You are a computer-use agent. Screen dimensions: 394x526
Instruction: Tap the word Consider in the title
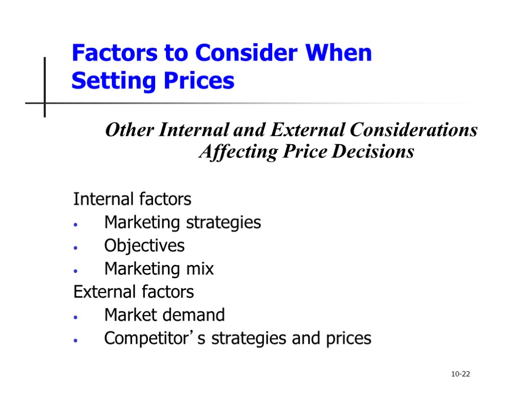[x=248, y=53]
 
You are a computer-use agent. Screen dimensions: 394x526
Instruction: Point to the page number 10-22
[x=460, y=375]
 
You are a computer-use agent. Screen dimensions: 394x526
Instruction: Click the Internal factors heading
[x=132, y=199]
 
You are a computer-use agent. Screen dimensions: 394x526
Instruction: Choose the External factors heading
[x=134, y=292]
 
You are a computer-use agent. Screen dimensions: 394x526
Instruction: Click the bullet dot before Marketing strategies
[x=76, y=224]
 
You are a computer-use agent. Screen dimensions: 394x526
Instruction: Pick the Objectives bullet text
[x=144, y=246]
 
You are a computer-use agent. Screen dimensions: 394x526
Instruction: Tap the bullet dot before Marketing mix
[x=76, y=270]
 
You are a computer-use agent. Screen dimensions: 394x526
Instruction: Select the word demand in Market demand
[x=198, y=314]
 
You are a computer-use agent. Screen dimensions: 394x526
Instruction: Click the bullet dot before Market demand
[x=76, y=317]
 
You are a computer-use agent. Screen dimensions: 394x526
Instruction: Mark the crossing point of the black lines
[x=45, y=103]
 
